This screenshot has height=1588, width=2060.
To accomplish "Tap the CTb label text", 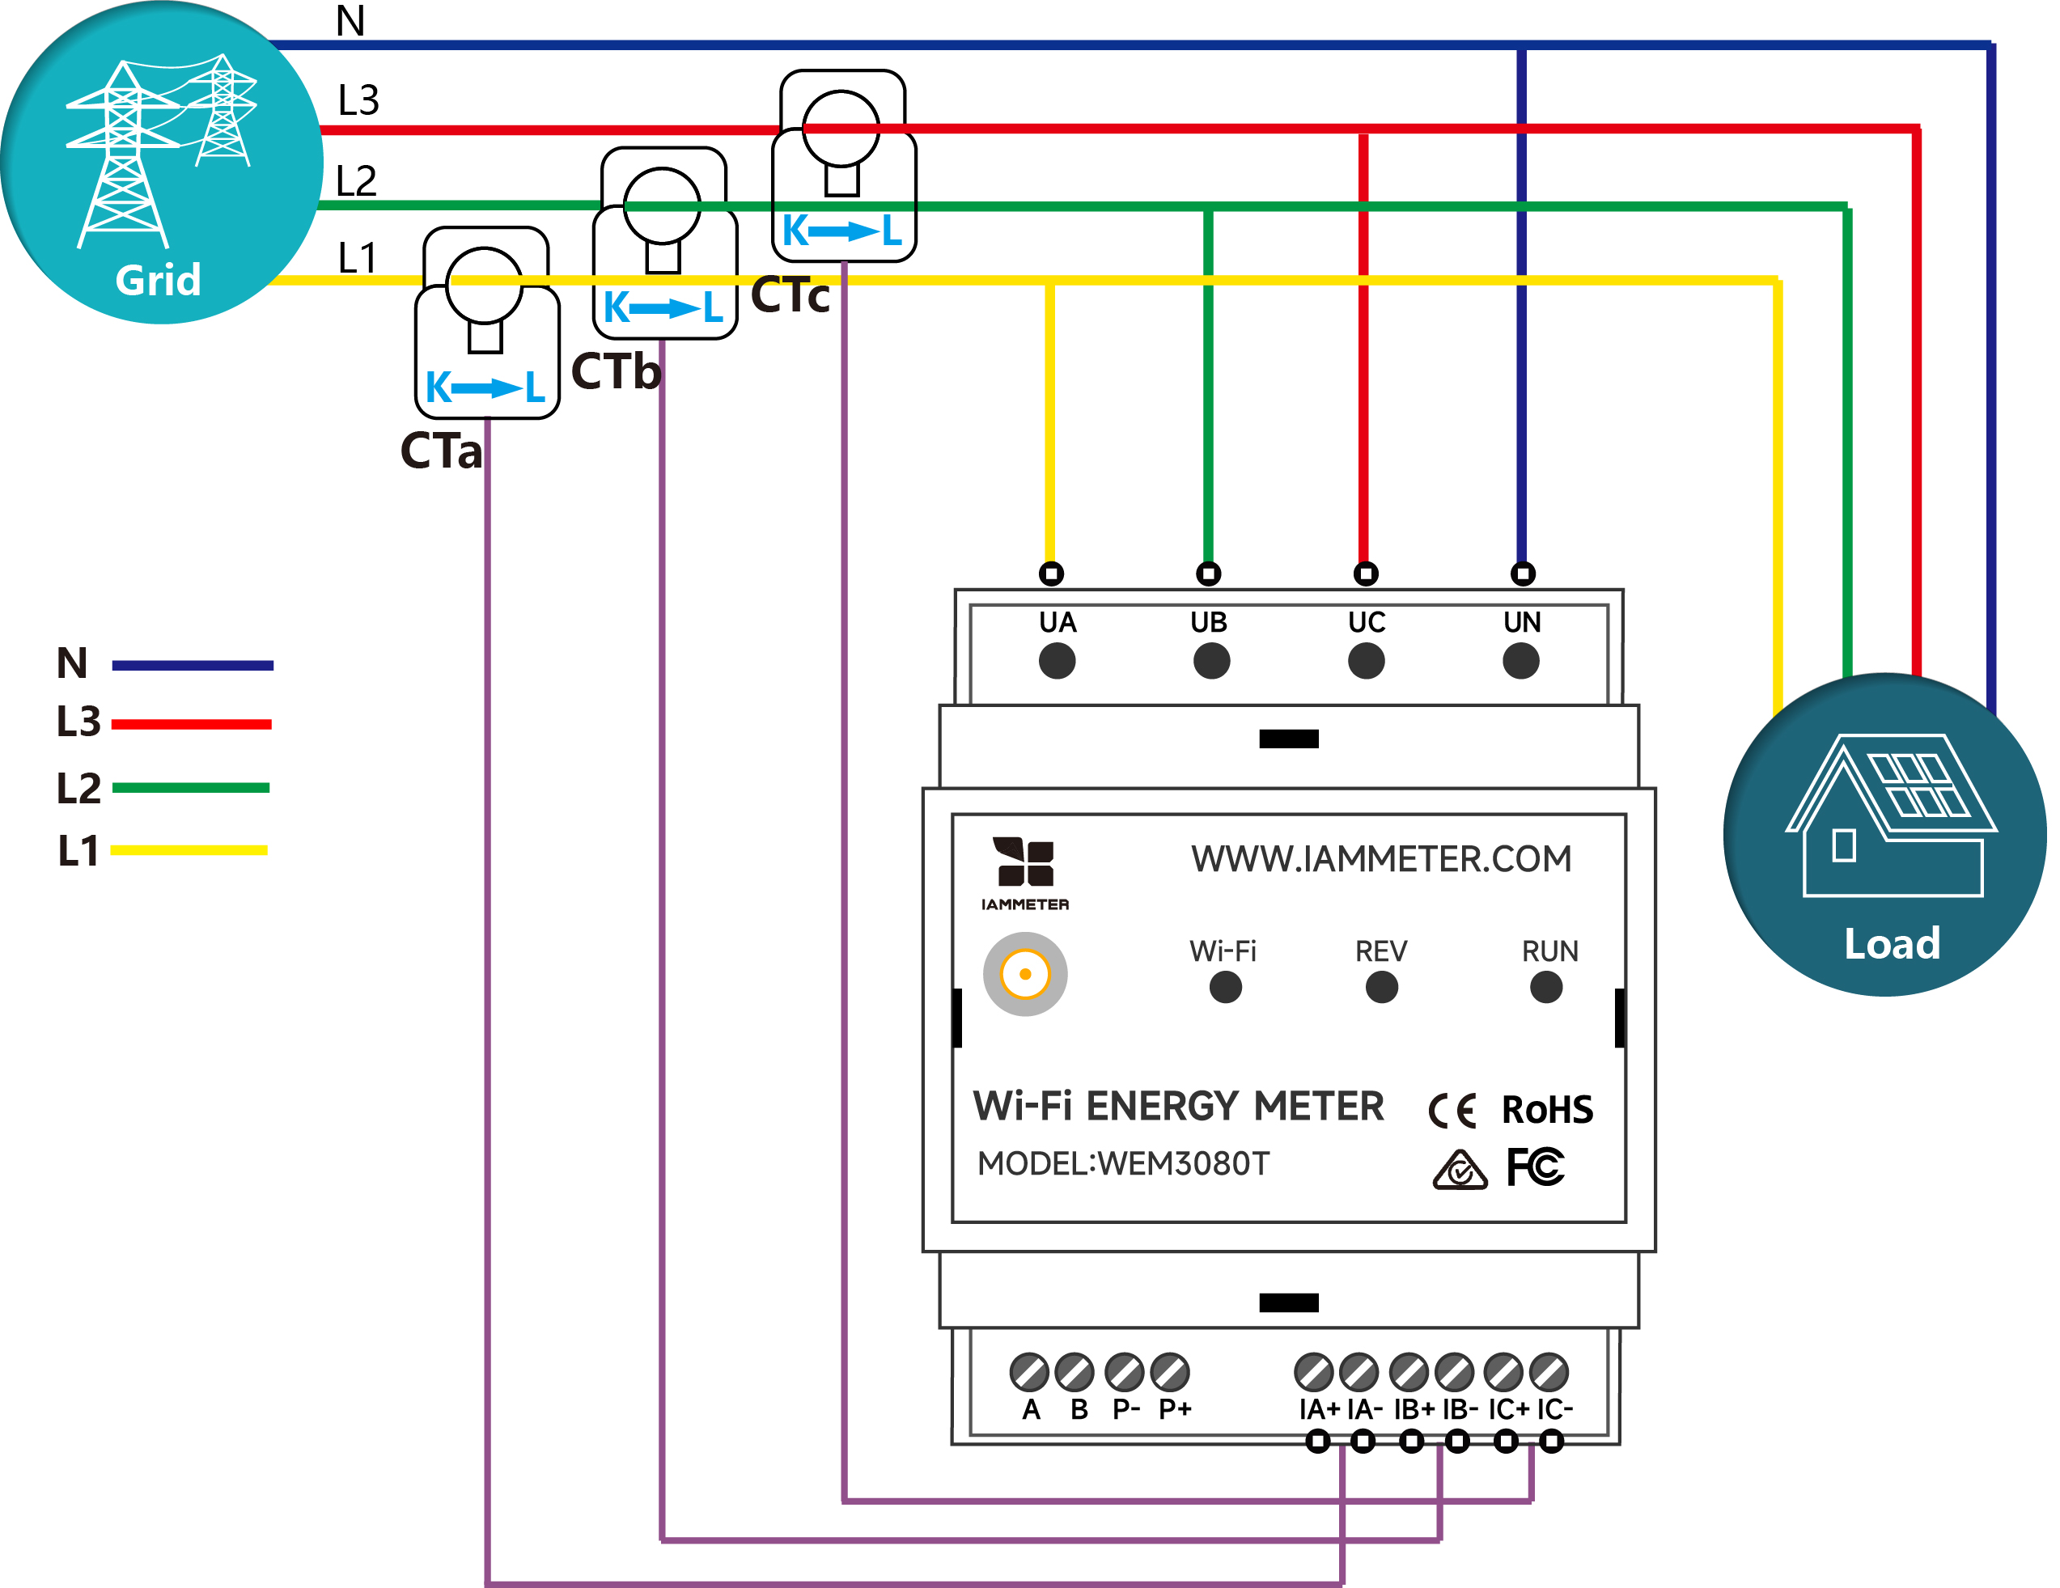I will [616, 371].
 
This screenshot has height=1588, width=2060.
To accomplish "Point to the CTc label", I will [791, 295].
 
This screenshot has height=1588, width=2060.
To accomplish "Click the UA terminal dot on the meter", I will [1057, 660].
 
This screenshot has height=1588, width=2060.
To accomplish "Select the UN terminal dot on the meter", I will [1520, 660].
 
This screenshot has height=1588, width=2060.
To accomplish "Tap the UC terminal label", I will [1366, 622].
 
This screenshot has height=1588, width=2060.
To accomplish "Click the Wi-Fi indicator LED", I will [1225, 987].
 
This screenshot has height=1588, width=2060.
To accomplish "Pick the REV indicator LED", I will [1381, 987].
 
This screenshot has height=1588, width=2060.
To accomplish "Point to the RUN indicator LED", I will [1546, 987].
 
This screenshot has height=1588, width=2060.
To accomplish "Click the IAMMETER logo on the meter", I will [1025, 873].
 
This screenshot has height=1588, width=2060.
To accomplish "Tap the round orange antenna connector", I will [1025, 974].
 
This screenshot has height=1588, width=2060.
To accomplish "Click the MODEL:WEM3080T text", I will [1123, 1163].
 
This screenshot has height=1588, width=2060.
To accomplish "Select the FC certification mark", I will [1536, 1167].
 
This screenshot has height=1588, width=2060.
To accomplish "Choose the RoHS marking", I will [1547, 1110].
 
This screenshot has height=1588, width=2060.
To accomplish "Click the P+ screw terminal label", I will [1176, 1409].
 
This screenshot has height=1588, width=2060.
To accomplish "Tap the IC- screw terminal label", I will [1554, 1409].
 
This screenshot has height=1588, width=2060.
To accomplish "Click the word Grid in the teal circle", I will [159, 280].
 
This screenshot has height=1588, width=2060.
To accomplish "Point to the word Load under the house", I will [1892, 944].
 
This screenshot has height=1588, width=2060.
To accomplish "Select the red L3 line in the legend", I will [192, 724].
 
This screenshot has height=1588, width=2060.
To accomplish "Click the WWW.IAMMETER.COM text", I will [1381, 859].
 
